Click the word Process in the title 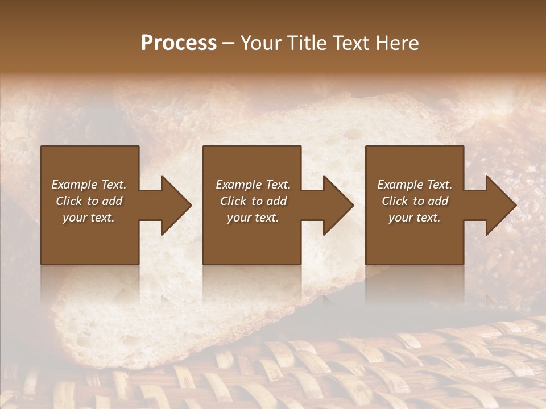click(179, 43)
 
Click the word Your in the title click(260, 43)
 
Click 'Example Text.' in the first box click(89, 185)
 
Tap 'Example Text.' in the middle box click(253, 185)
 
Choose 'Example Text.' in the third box click(415, 185)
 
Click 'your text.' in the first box click(89, 218)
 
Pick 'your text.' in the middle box click(253, 218)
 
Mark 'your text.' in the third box click(415, 218)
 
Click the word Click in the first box click(69, 201)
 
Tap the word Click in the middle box click(233, 201)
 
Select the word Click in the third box click(395, 201)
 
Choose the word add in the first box click(111, 201)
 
